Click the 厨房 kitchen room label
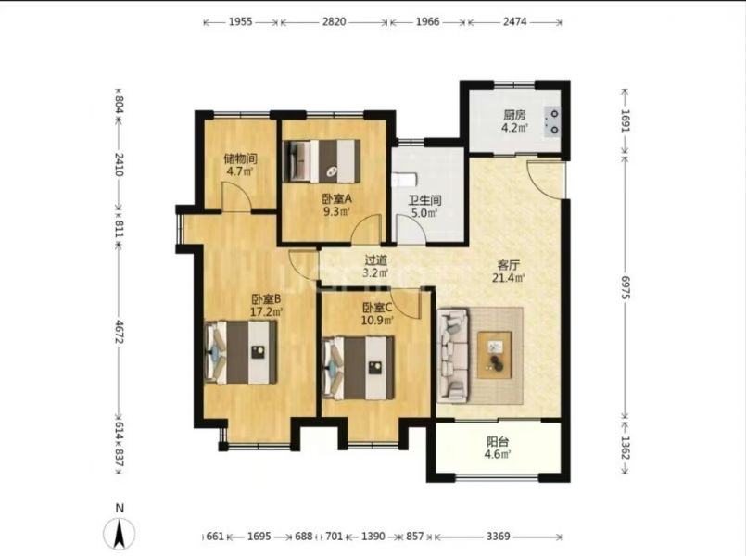point(514,115)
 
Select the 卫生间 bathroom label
point(424,200)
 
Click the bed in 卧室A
point(322,160)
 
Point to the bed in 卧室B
point(241,352)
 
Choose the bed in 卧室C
point(359,368)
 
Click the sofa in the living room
point(453,355)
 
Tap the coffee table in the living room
point(495,355)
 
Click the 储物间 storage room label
point(240,158)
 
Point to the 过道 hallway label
point(375,260)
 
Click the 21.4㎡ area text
point(508,278)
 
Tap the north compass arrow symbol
point(120,534)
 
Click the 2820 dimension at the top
point(334,22)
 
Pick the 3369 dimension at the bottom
point(499,537)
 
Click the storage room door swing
point(237,196)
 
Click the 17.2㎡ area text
point(267,312)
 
